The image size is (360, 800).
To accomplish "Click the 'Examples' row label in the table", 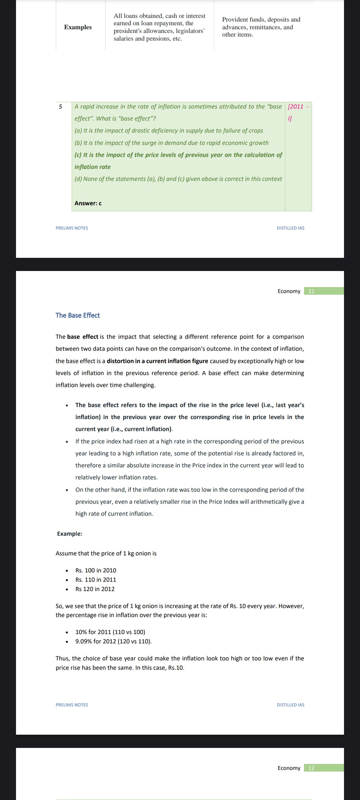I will point(78,27).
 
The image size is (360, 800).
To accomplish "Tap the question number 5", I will point(60,107).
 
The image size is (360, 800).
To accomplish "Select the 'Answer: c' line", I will point(88,203).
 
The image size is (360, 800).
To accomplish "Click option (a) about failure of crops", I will point(169,131).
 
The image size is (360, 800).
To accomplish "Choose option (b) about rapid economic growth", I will point(171,143).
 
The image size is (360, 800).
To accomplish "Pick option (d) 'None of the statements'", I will point(178,179).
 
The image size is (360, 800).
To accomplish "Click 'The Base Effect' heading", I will point(78,315).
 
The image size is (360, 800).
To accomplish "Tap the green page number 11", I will point(311,291).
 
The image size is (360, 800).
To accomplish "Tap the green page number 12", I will point(311,768).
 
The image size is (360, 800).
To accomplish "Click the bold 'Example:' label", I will point(70,534).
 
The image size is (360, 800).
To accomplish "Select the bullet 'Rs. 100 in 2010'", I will point(96,570).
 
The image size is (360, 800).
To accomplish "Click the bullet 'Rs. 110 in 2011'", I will point(96,580).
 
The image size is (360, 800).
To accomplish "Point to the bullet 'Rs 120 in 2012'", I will point(95,589).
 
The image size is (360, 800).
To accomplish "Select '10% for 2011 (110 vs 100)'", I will point(110,632).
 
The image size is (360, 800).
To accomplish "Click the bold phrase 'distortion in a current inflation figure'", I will point(157,361).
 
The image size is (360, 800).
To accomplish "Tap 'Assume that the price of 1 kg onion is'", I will point(106,553).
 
